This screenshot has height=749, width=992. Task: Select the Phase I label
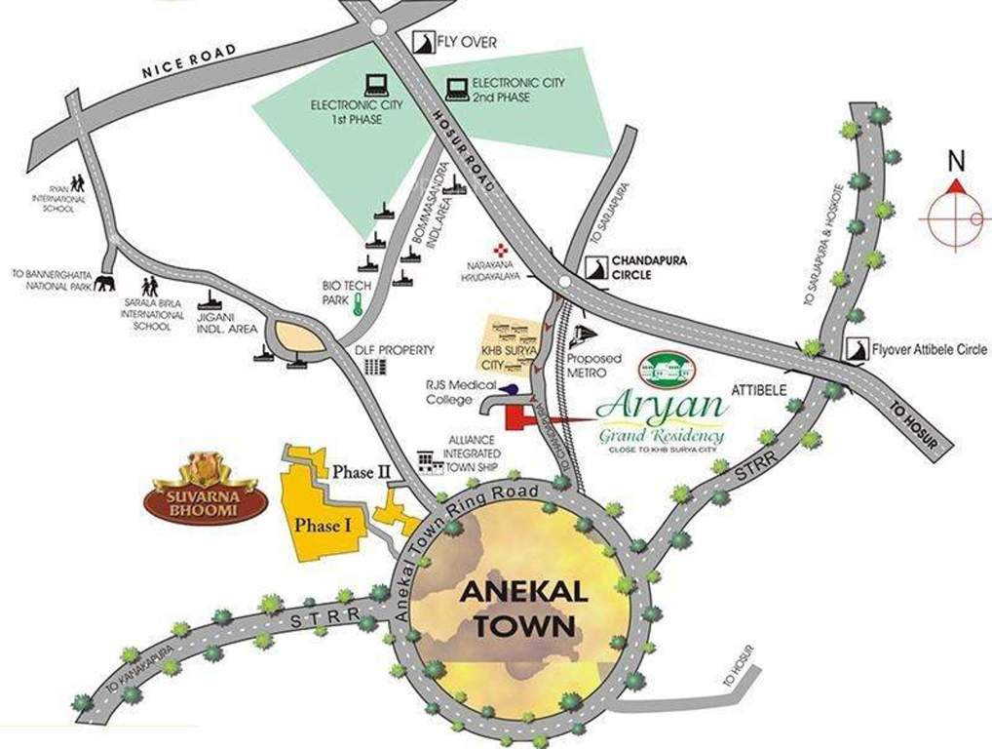(x=323, y=525)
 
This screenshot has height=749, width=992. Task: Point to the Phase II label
(x=362, y=472)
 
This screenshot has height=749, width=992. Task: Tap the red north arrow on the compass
(x=956, y=186)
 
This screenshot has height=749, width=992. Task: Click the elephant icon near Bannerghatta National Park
(x=104, y=283)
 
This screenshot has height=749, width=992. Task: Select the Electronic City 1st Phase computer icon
(x=375, y=85)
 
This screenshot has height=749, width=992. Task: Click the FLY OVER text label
(x=467, y=43)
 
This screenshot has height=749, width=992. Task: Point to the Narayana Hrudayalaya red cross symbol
(x=501, y=251)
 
